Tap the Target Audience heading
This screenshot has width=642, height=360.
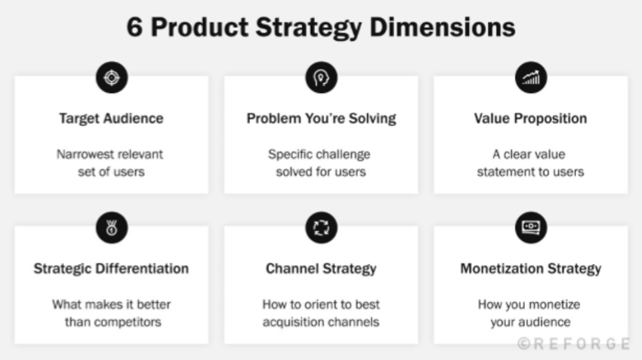tap(111, 118)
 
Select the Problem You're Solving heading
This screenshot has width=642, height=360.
tap(321, 118)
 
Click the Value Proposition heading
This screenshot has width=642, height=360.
tap(530, 118)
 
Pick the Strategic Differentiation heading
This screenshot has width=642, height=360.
tap(111, 269)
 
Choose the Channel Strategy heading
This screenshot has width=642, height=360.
tap(321, 269)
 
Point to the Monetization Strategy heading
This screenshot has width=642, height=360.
tap(530, 269)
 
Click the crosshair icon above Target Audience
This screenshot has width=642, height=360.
tap(111, 76)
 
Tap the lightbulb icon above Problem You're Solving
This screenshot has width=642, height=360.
tap(321, 76)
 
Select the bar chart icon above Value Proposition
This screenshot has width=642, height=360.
tap(530, 76)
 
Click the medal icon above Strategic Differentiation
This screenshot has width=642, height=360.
tap(111, 226)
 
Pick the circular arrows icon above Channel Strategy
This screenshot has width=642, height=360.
tap(321, 226)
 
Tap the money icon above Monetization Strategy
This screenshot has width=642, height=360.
tap(530, 226)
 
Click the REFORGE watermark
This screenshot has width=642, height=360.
tap(573, 343)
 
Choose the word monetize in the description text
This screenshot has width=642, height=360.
tap(556, 305)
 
